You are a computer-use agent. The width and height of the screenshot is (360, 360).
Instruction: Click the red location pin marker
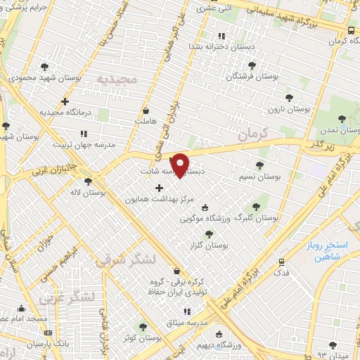click(x=181, y=165)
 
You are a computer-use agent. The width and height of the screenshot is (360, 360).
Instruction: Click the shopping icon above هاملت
click(x=146, y=110)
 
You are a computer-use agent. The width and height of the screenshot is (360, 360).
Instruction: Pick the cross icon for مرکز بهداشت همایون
click(x=159, y=188)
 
